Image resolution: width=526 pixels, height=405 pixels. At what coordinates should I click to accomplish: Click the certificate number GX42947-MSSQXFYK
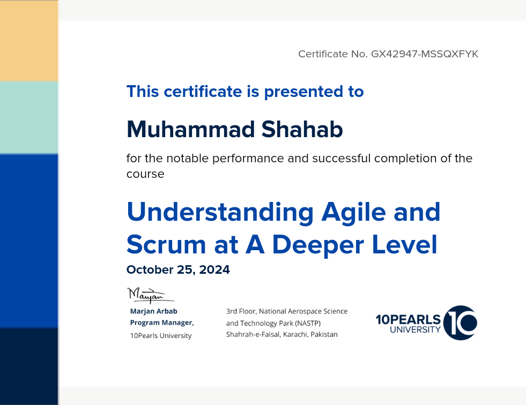pyautogui.click(x=424, y=54)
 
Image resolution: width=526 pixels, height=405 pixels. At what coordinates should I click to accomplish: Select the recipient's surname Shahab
pyautogui.click(x=302, y=130)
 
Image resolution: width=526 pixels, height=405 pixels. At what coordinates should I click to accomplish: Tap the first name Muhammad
pyautogui.click(x=191, y=130)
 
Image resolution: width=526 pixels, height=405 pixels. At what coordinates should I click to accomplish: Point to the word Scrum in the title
pyautogui.click(x=166, y=244)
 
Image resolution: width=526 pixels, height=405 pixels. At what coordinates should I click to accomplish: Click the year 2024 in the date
pyautogui.click(x=214, y=269)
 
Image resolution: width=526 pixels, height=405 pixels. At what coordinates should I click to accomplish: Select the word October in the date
pyautogui.click(x=150, y=269)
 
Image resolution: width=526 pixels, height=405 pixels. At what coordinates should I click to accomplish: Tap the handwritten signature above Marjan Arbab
pyautogui.click(x=150, y=295)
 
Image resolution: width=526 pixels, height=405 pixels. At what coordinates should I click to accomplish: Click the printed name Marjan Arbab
pyautogui.click(x=154, y=311)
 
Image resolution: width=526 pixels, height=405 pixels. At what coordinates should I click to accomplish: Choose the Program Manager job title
pyautogui.click(x=162, y=322)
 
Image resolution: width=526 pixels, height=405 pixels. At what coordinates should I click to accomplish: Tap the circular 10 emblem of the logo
pyautogui.click(x=460, y=322)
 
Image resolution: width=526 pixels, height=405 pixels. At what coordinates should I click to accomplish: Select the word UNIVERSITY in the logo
pyautogui.click(x=416, y=330)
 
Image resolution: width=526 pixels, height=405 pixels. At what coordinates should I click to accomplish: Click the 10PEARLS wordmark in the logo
pyautogui.click(x=408, y=319)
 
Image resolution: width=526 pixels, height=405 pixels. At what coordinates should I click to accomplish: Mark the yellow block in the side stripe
pyautogui.click(x=29, y=41)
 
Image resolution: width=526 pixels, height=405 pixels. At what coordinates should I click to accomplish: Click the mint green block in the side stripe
pyautogui.click(x=29, y=118)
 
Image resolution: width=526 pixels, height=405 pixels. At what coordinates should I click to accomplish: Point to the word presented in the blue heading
pyautogui.click(x=304, y=92)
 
